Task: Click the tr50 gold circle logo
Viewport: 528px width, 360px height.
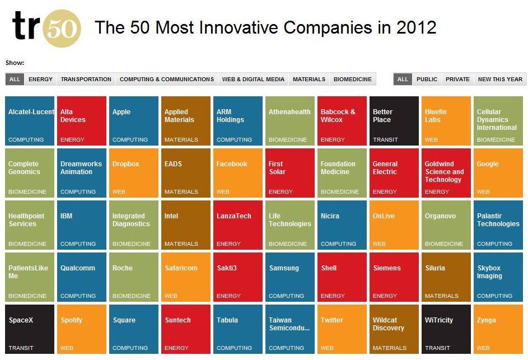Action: tap(62, 29)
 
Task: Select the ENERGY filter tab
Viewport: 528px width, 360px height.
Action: tap(40, 79)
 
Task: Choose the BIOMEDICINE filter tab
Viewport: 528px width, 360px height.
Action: tap(353, 79)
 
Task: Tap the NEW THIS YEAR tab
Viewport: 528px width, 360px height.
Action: tap(500, 79)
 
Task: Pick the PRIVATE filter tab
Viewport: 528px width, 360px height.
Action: tap(457, 79)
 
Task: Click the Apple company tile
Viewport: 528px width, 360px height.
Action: tap(134, 121)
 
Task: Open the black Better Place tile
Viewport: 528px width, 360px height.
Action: tap(394, 121)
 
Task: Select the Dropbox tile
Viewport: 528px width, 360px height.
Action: tap(134, 173)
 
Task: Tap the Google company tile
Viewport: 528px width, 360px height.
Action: tap(498, 173)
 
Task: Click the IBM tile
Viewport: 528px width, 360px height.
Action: tap(82, 225)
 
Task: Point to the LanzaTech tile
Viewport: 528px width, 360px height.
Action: tap(238, 225)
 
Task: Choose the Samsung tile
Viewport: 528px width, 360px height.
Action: tap(290, 277)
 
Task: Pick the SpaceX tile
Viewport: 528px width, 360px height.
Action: tap(30, 329)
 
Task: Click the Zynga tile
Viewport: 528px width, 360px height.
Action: tap(498, 329)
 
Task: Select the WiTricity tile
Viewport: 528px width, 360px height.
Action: tap(446, 329)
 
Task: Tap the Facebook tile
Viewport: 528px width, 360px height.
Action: tap(238, 173)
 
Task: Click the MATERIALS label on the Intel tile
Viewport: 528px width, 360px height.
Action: tap(181, 244)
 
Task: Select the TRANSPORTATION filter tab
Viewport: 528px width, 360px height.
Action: tap(86, 79)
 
